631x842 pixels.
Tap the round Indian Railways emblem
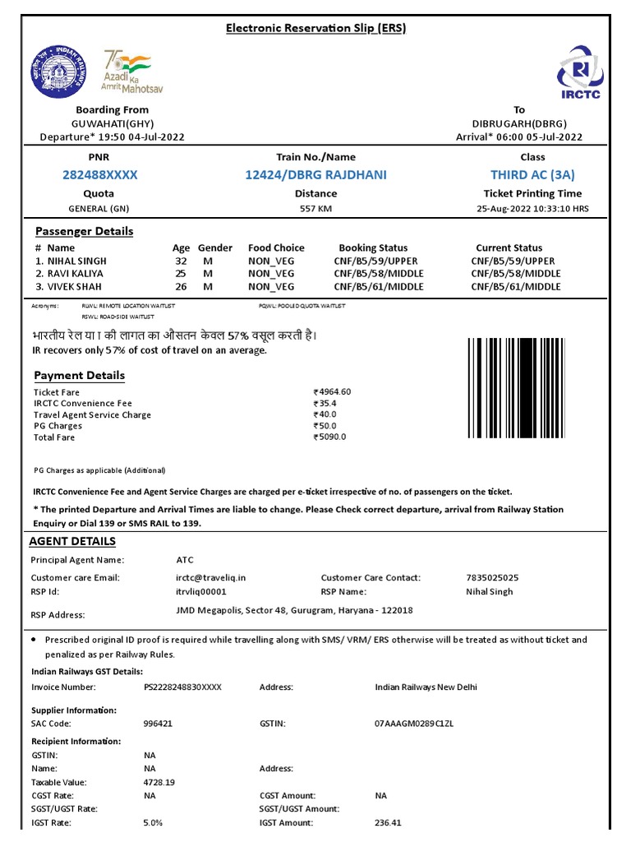tap(52, 71)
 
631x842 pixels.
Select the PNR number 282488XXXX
tap(100, 175)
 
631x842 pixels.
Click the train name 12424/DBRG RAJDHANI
tap(315, 175)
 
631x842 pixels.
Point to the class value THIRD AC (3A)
tap(532, 175)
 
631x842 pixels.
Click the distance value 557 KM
tap(315, 209)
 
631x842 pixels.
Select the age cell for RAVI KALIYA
tap(181, 274)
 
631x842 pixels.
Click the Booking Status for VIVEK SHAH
tap(379, 287)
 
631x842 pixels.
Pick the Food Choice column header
tap(276, 248)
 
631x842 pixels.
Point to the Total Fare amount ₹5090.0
tap(330, 437)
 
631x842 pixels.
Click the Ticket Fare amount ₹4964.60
tap(333, 392)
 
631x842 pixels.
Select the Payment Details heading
tap(80, 376)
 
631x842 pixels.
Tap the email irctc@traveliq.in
tap(210, 578)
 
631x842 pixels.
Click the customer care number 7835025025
tap(492, 578)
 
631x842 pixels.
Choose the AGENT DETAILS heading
tap(72, 541)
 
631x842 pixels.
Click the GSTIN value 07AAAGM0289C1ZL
tap(414, 724)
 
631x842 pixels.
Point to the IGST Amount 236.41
tap(389, 822)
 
